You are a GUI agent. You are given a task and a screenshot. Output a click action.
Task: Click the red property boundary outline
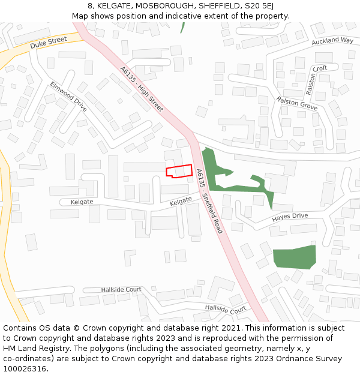[x=179, y=171]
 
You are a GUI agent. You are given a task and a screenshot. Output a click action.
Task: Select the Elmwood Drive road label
[x=68, y=97]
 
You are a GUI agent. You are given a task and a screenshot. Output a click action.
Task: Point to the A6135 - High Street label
[x=142, y=89]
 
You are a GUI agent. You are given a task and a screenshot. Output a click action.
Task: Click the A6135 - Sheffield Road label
[x=209, y=201]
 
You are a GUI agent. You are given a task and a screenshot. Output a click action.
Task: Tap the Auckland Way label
[x=332, y=41]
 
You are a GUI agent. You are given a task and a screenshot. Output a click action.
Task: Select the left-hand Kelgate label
[x=82, y=202]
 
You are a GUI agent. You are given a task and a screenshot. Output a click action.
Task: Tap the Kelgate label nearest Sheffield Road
[x=181, y=202]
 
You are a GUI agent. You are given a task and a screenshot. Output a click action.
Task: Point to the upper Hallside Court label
[x=121, y=289]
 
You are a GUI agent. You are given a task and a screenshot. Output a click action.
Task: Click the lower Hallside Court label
[x=226, y=309]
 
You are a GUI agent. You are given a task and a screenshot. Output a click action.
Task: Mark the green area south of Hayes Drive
[x=294, y=257]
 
